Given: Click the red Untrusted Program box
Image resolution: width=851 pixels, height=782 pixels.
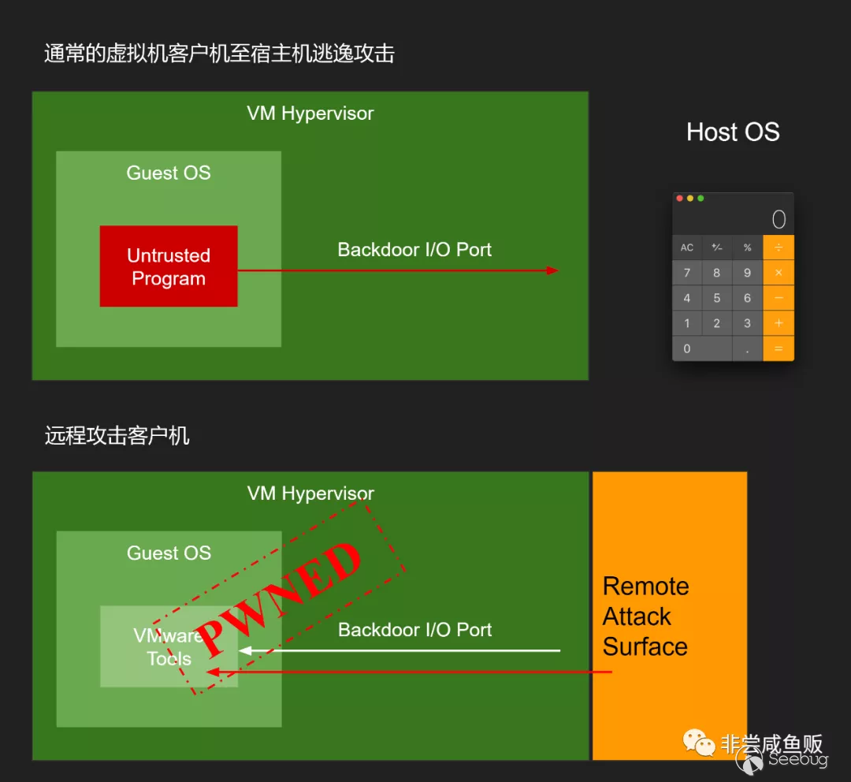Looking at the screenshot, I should [168, 266].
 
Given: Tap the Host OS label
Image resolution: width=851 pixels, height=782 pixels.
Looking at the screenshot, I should [733, 132].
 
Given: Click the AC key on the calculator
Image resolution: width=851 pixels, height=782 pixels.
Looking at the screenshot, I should [687, 248].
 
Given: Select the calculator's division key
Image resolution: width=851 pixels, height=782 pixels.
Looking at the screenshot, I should [779, 248].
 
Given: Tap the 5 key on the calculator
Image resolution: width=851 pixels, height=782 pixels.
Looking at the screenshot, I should [717, 298].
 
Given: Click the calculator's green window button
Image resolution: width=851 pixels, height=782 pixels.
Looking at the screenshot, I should [700, 199].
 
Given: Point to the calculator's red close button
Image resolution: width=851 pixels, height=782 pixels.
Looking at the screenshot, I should [680, 199].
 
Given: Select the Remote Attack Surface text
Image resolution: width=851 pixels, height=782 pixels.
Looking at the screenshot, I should [645, 616].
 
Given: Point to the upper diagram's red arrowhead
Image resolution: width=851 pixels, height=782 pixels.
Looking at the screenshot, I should [553, 270].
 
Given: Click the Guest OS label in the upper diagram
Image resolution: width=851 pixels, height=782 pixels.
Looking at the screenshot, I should [169, 173].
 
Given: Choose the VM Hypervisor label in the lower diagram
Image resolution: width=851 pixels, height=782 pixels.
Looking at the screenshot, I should [310, 493].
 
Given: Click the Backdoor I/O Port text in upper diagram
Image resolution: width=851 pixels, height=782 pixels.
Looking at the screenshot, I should [414, 250].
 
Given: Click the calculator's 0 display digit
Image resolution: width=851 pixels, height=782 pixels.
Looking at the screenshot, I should [779, 219].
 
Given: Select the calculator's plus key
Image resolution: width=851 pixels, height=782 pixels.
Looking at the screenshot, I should [779, 323].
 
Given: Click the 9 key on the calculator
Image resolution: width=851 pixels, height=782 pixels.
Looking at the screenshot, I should [747, 273].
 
